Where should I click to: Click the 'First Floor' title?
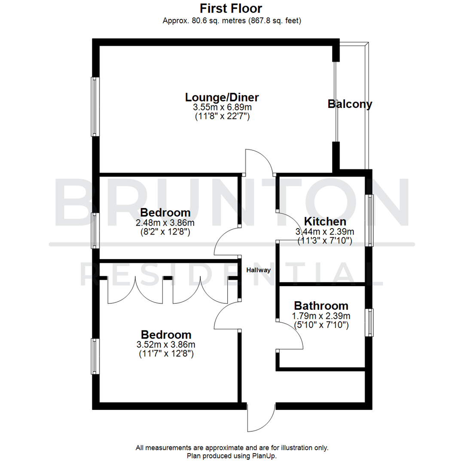tap(231, 8)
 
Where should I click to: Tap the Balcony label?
tap(350, 104)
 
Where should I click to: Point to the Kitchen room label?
tap(325, 222)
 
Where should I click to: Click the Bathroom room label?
tap(321, 306)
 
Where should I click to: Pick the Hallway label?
tap(258, 270)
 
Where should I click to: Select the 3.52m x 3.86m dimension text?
tap(166, 345)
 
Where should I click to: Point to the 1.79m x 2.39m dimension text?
tap(321, 316)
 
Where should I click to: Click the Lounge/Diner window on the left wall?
tap(95, 107)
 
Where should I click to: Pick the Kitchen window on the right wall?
tap(369, 220)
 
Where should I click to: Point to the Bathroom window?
tap(369, 322)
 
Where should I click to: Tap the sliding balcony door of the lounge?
tap(336, 102)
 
